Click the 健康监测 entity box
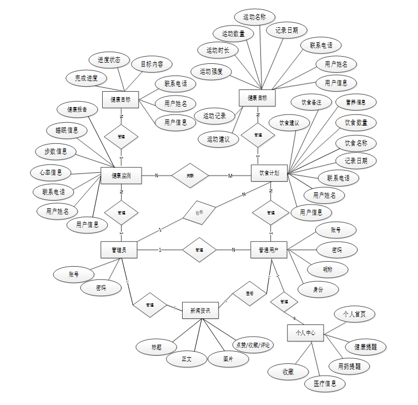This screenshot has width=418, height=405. tap(121, 176)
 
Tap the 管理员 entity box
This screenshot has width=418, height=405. tap(119, 250)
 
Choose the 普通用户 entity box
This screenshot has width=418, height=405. tap(269, 250)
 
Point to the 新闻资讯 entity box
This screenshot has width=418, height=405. tap(200, 311)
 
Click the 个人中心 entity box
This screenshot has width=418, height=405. tap(305, 333)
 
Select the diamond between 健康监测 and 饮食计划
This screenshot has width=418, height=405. tap(190, 176)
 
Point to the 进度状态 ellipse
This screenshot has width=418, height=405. tap(109, 60)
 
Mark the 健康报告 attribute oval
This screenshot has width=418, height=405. tap(78, 109)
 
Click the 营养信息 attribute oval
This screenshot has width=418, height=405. tap(356, 102)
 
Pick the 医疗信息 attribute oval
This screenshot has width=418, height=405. tap(325, 383)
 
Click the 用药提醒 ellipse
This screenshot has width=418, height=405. tap(349, 367)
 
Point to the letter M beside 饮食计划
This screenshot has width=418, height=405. tap(230, 176)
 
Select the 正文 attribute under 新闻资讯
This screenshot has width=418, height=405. tap(187, 359)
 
